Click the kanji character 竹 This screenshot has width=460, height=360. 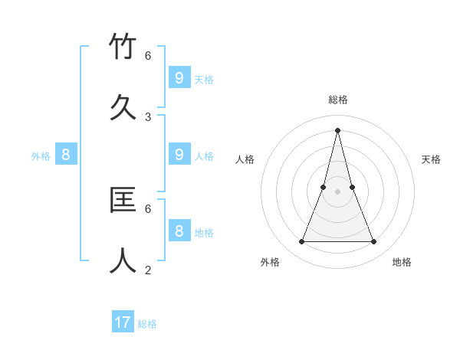coord(123,47)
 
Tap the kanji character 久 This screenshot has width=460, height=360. coord(123,108)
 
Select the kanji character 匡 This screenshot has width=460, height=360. coord(123,200)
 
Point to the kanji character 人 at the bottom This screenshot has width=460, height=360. coord(123,261)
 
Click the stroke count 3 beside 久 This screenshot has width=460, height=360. coord(148,116)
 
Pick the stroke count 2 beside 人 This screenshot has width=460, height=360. coord(148,270)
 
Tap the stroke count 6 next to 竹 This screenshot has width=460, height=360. coord(148,55)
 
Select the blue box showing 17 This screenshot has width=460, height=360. coord(123,322)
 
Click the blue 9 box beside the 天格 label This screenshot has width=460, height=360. coord(179,77)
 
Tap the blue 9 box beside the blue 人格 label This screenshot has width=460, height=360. coord(179,154)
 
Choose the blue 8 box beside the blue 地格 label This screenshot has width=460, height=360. coord(179,231)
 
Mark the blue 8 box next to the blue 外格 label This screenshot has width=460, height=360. coord(66,155)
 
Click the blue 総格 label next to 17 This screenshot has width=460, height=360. coord(148,324)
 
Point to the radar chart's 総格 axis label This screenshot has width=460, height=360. coord(338,100)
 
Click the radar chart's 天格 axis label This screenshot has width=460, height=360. coord(431,159)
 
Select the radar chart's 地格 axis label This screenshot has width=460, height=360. coord(402,262)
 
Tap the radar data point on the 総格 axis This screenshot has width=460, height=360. coord(337,129)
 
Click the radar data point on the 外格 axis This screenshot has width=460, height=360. coord(301,242)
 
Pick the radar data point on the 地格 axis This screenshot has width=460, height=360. coord(374,242)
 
